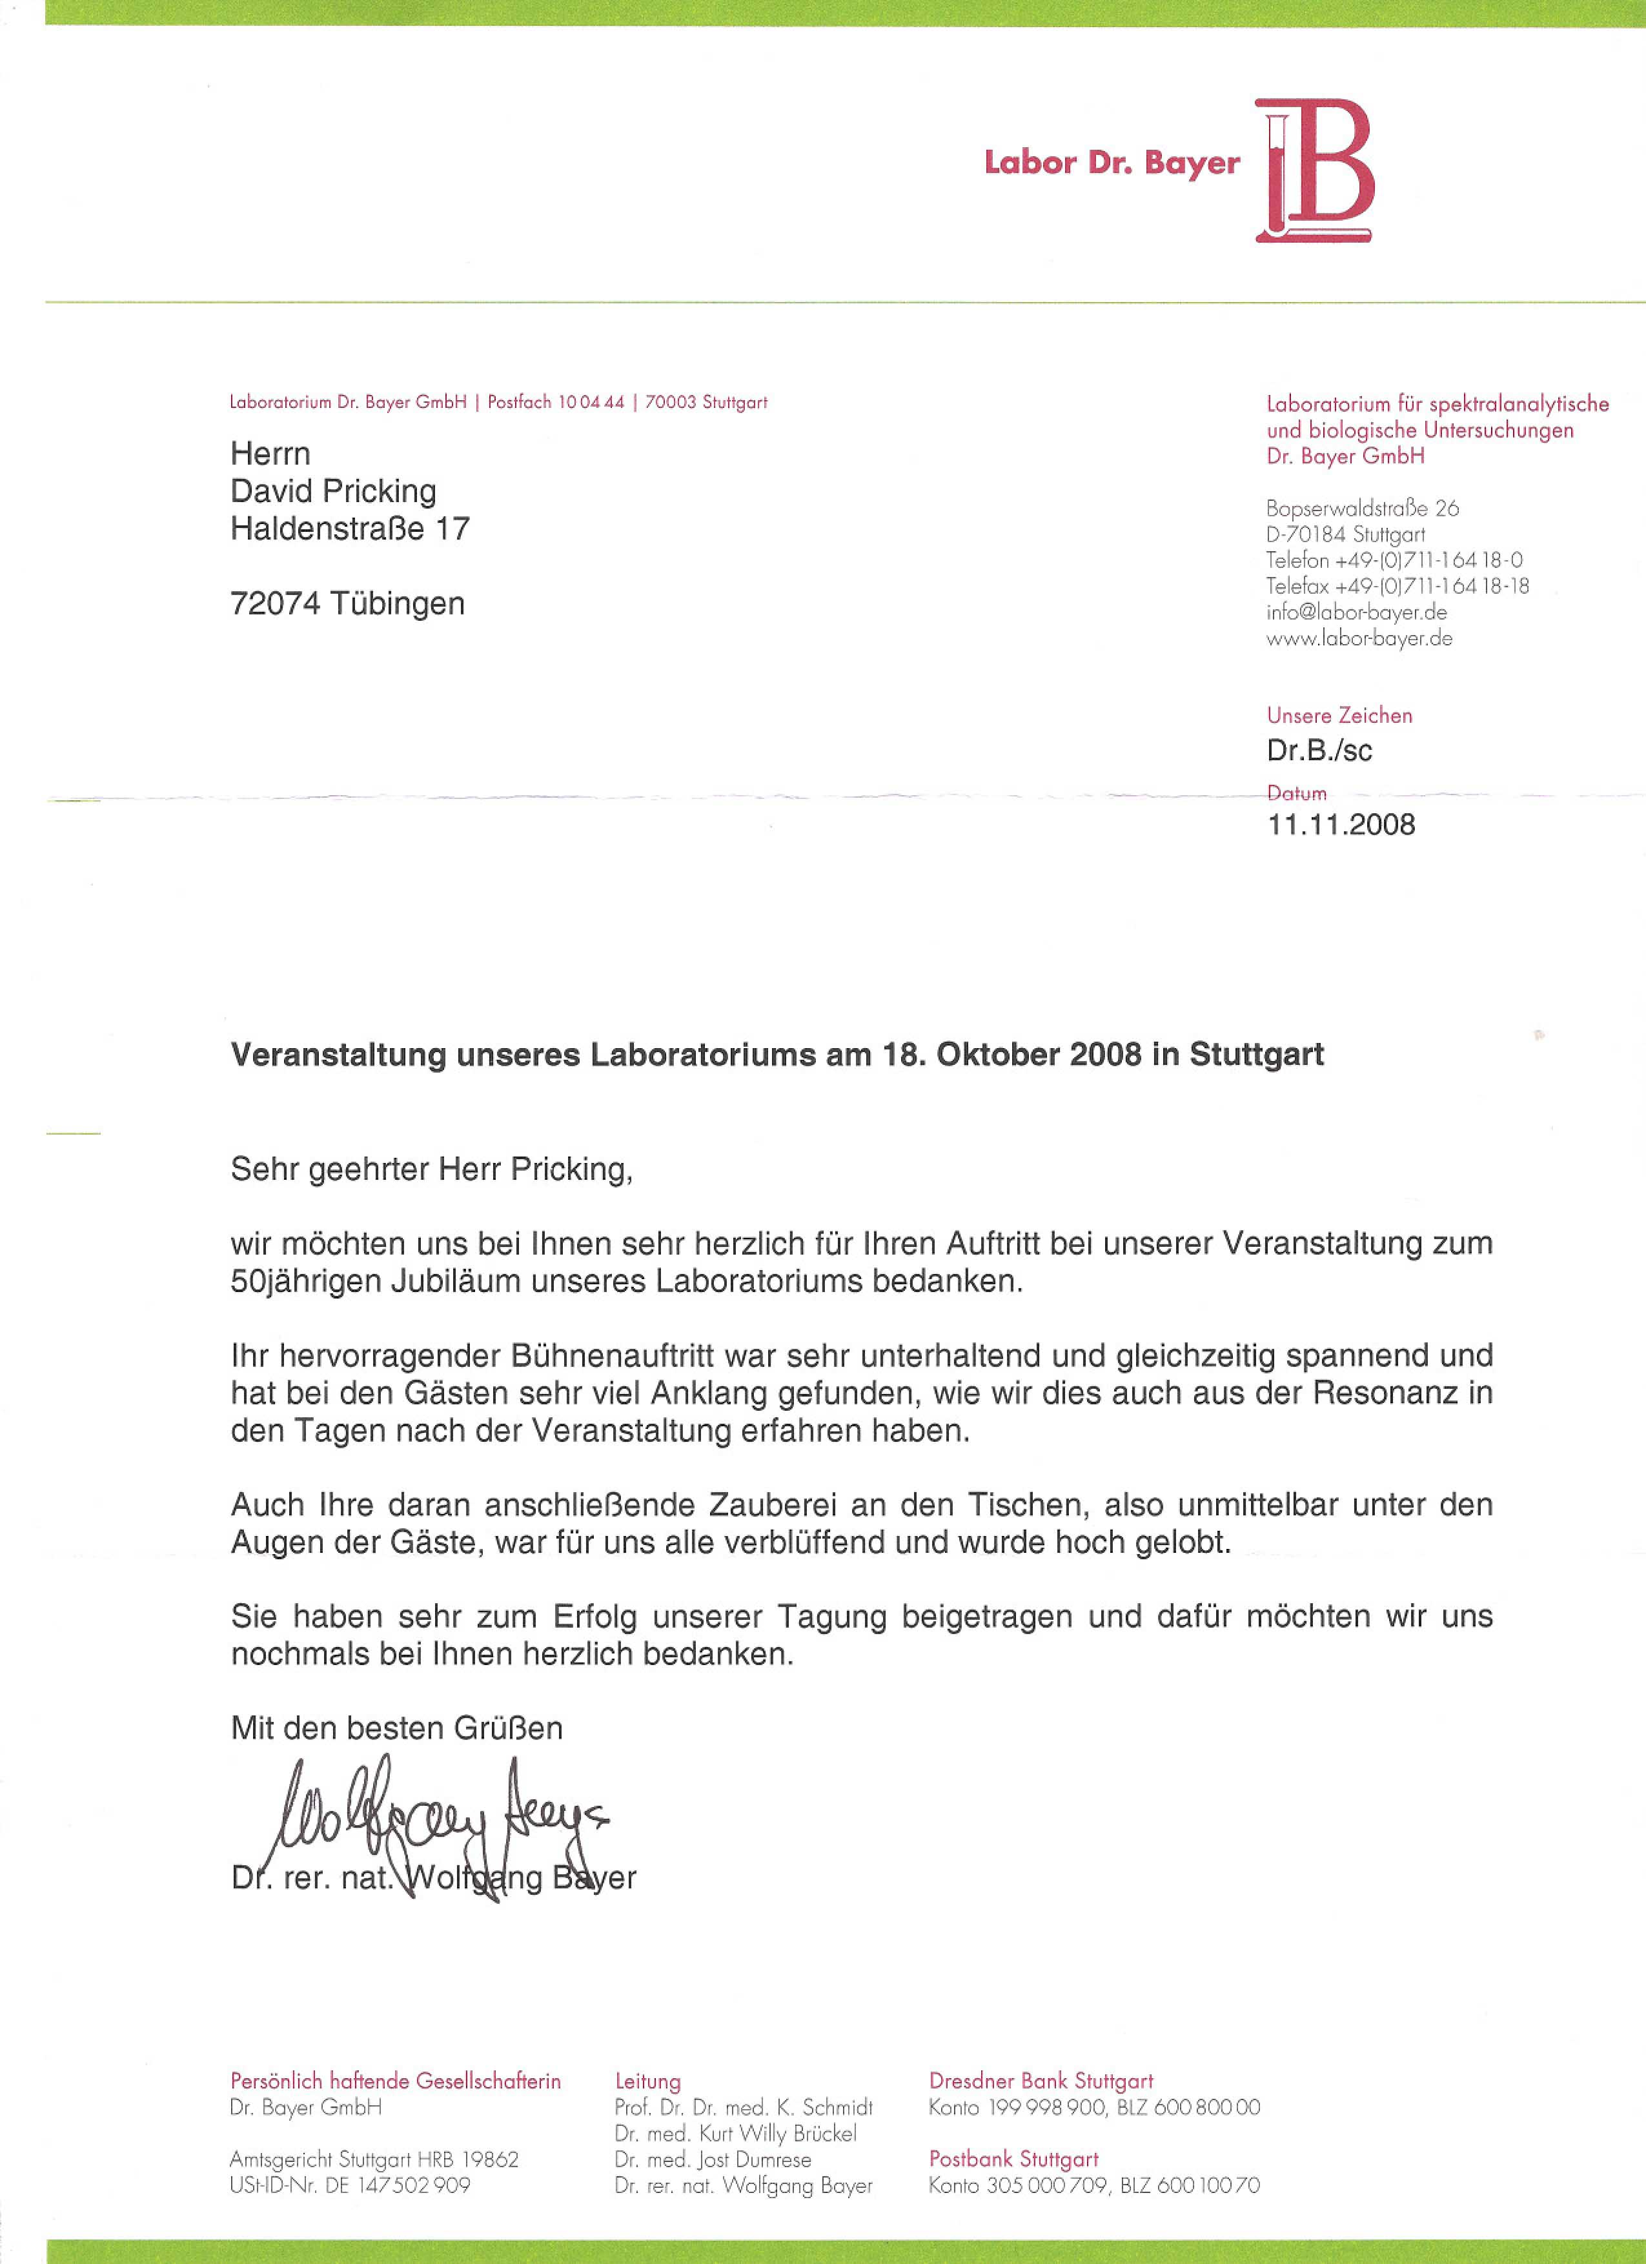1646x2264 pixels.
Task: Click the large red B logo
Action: (1316, 170)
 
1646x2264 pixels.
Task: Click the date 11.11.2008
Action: (1341, 825)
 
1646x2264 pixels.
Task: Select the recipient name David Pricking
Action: (332, 491)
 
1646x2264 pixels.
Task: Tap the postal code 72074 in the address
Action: (274, 604)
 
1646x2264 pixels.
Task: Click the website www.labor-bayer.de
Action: (1359, 638)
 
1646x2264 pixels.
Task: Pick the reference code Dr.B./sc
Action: (1319, 751)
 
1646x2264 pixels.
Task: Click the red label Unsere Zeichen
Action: (1339, 716)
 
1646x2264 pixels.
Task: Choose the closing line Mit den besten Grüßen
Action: (396, 1728)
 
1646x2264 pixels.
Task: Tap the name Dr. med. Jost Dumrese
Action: (713, 2159)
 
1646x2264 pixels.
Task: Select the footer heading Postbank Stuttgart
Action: (1013, 2159)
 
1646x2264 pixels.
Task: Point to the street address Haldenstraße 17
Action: (349, 528)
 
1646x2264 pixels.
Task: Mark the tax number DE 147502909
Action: (397, 2185)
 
